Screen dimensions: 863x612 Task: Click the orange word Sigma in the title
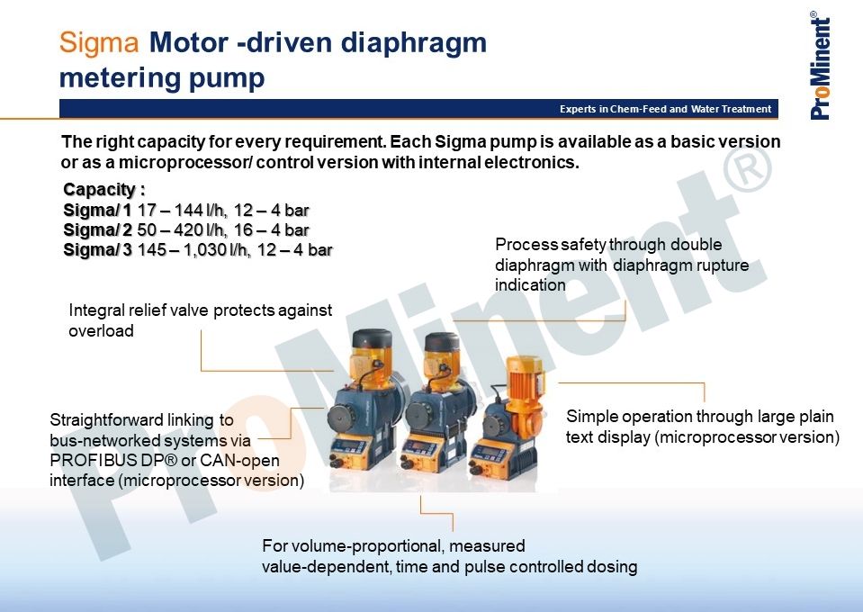[x=99, y=43]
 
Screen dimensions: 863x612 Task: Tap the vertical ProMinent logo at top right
[x=820, y=65]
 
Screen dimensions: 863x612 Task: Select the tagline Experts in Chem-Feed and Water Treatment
[x=665, y=109]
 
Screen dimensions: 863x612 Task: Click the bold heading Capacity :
[x=104, y=190]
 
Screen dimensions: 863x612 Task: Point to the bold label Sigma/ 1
[x=97, y=211]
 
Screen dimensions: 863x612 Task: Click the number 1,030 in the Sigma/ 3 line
[x=205, y=250]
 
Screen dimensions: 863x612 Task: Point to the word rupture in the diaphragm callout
[x=723, y=265]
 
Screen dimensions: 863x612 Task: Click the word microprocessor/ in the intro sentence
[x=186, y=163]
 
